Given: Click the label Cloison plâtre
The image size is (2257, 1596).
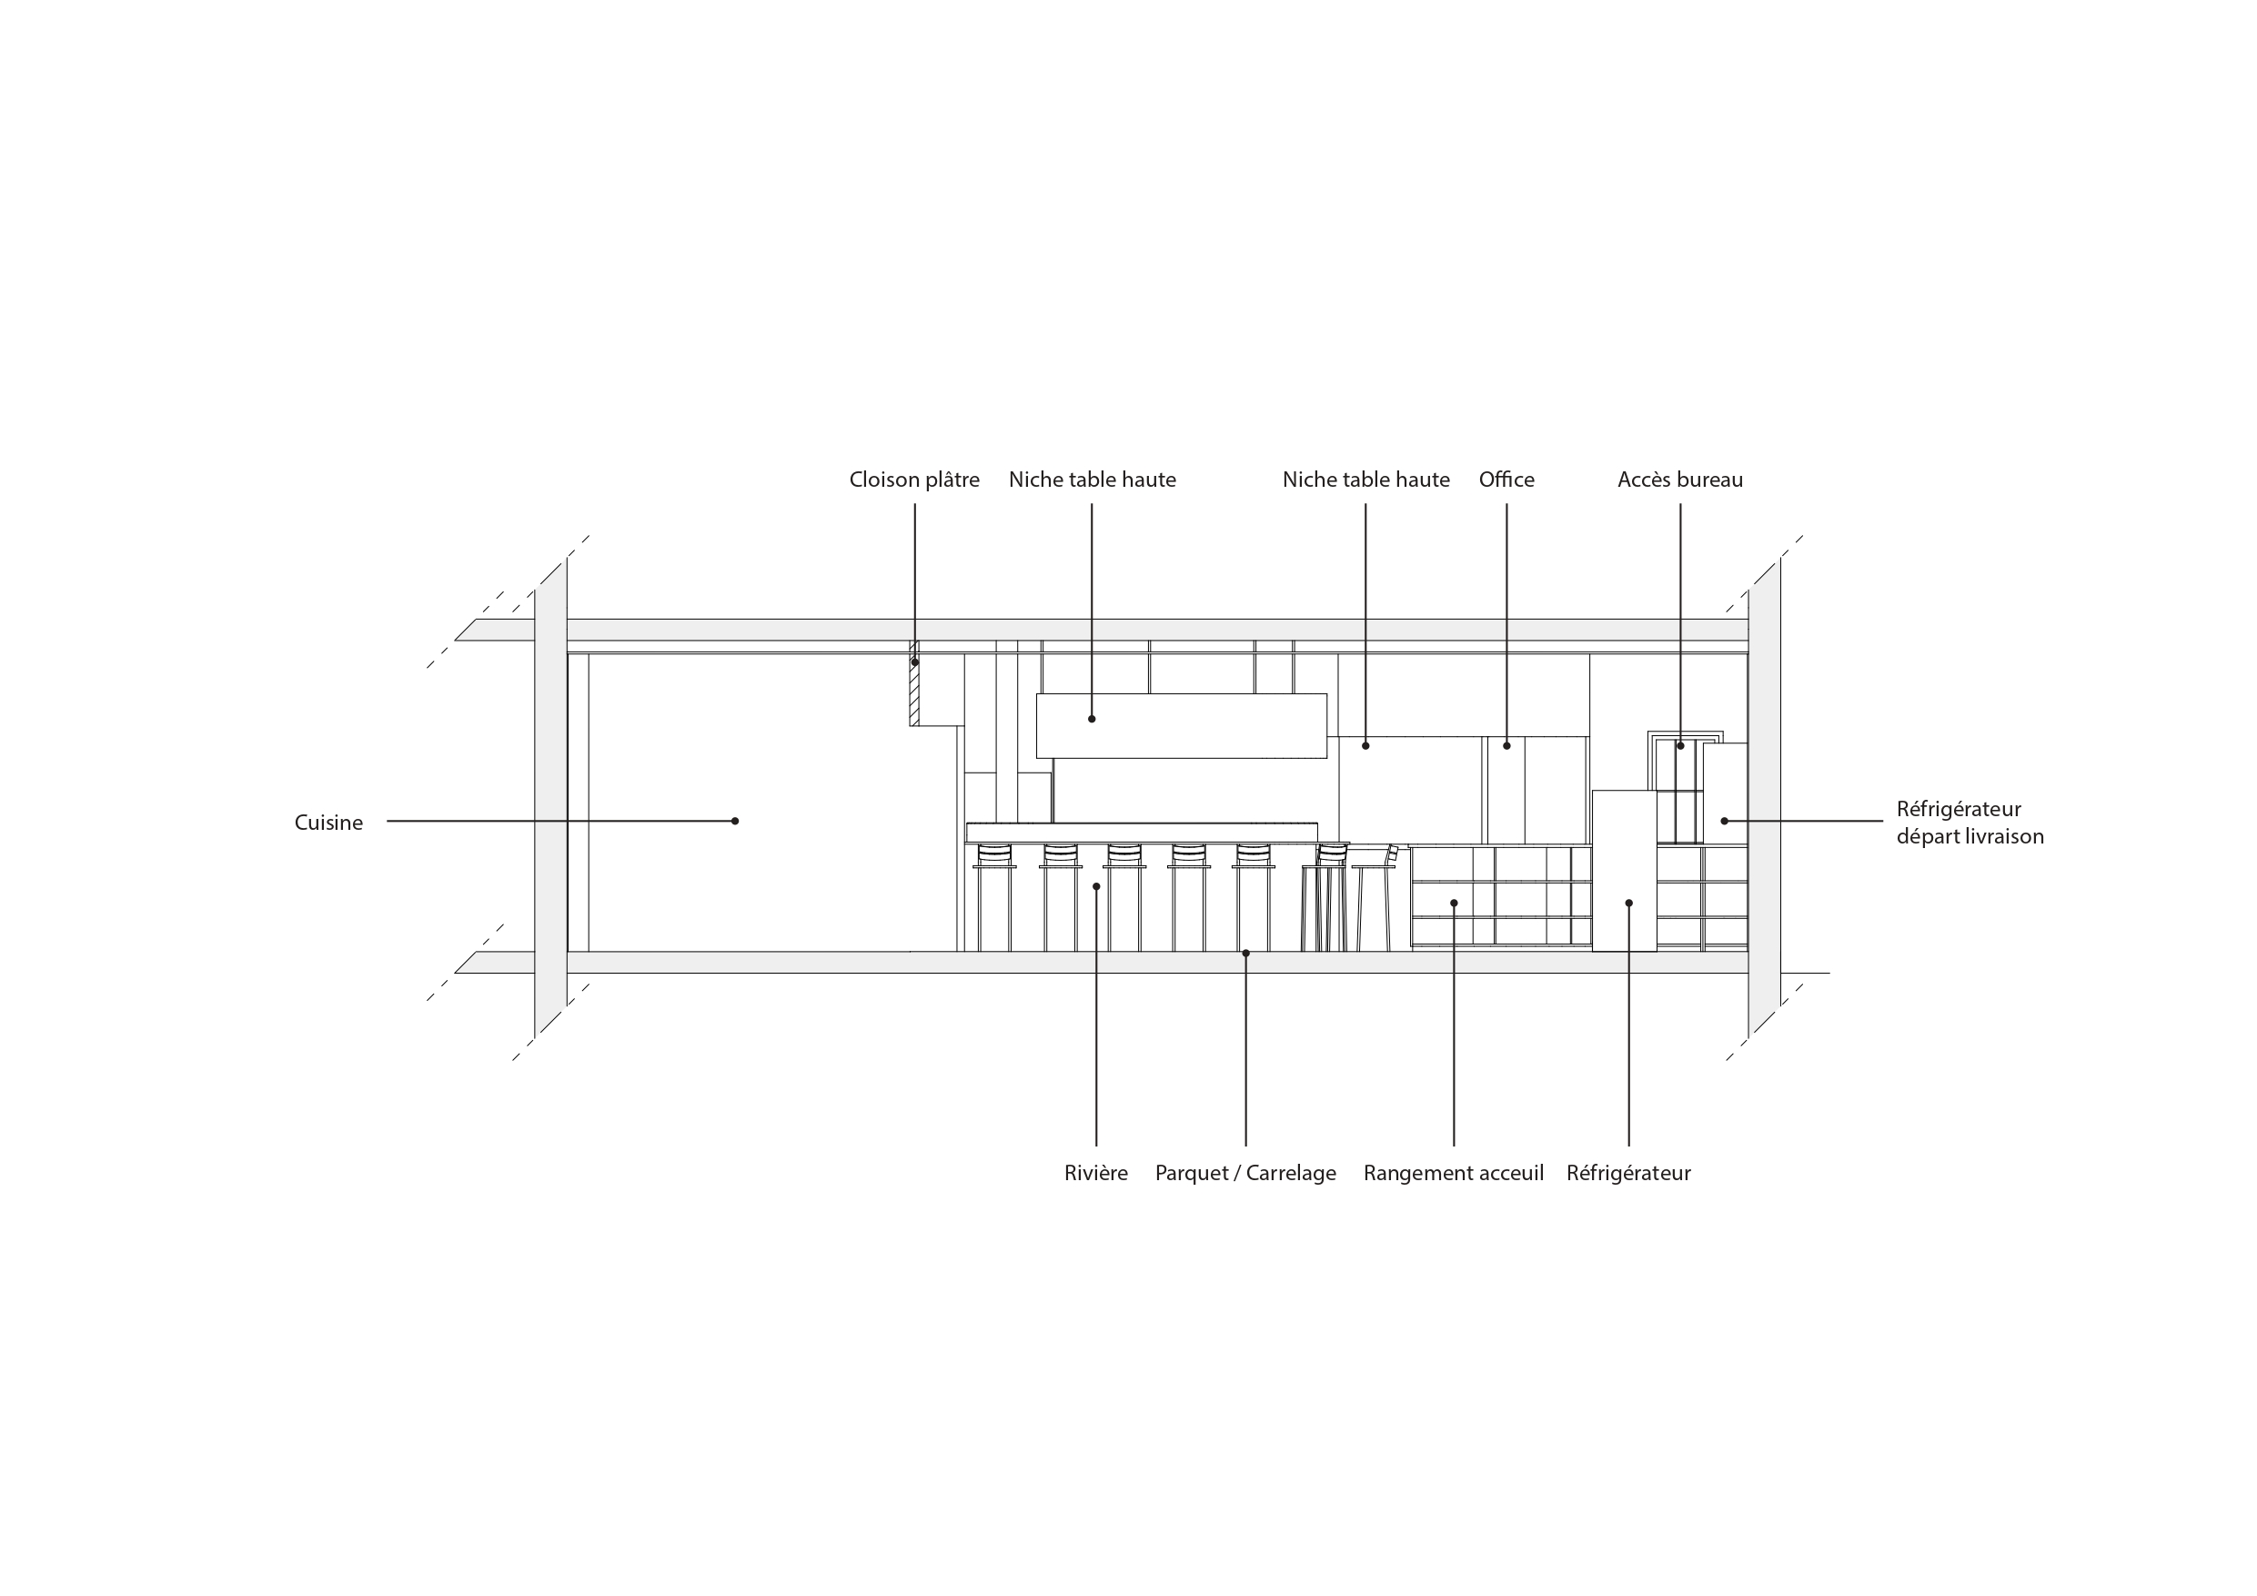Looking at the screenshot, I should [x=914, y=480].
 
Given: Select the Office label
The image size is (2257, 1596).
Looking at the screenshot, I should [x=1506, y=480].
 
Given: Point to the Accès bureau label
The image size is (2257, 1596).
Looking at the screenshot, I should [x=1680, y=480].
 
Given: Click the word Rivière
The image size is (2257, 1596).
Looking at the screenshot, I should [x=1096, y=1173].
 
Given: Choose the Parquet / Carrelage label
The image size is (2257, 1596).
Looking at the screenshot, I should [x=1245, y=1173].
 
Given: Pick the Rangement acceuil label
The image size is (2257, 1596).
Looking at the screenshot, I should [x=1453, y=1173].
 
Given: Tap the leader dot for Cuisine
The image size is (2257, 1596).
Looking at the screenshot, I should [x=735, y=821].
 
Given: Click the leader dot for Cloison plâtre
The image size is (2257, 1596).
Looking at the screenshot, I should [x=915, y=662].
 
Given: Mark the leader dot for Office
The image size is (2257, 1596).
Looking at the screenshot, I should [x=1507, y=746].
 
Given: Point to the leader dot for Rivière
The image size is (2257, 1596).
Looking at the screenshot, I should [x=1096, y=887].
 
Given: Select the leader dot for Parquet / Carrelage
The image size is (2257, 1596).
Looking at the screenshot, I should [x=1245, y=953].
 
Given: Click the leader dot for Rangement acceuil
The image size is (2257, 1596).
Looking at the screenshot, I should [x=1454, y=903].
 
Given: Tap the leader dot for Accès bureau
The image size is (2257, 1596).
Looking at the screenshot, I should [x=1680, y=746].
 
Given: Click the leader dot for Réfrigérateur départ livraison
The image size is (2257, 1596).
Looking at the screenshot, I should [x=1724, y=821].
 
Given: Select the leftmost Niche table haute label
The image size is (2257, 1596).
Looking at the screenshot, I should [x=1093, y=480].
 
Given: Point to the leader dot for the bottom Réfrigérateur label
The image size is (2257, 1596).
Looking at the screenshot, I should [x=1629, y=903].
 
